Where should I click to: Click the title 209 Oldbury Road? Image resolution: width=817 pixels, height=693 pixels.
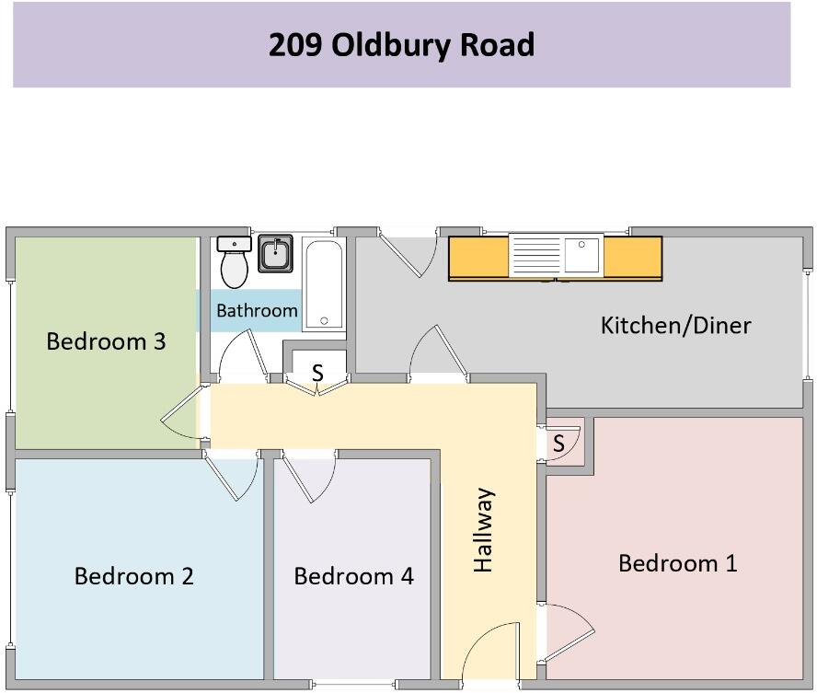[401, 44]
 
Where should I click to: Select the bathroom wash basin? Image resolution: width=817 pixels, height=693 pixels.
[275, 253]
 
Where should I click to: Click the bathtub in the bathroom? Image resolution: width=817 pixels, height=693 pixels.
[322, 284]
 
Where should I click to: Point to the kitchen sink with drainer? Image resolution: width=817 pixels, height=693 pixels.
[556, 255]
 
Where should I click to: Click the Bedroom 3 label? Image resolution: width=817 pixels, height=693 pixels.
[106, 341]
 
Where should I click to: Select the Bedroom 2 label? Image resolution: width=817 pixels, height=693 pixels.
[133, 576]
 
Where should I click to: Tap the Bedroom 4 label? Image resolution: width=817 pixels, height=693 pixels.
[353, 576]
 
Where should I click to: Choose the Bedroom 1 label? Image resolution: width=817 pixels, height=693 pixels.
[677, 563]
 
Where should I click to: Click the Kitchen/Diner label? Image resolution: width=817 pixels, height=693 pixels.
[675, 325]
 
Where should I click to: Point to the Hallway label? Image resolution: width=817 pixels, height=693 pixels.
[484, 530]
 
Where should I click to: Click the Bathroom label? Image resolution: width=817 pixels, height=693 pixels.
[257, 311]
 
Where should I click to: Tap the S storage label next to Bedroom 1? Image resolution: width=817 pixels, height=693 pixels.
[558, 445]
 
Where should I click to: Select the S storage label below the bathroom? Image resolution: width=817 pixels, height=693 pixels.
[317, 373]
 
